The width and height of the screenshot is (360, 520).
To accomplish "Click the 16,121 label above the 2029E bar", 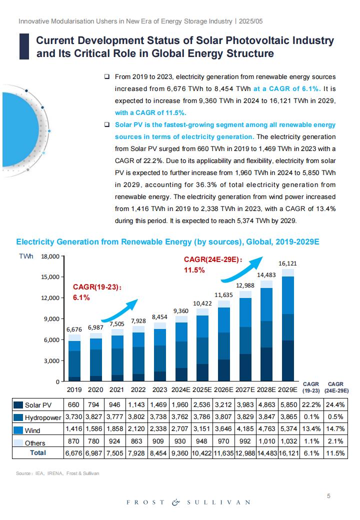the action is pyautogui.click(x=287, y=263).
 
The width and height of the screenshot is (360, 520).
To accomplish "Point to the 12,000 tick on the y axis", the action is pyautogui.click(x=50, y=298).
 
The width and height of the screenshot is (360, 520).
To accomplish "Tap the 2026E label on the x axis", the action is pyautogui.click(x=223, y=389).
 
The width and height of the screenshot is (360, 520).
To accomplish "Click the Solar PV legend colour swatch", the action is pyautogui.click(x=18, y=405).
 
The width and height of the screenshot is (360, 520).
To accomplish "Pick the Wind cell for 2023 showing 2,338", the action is pyautogui.click(x=158, y=429).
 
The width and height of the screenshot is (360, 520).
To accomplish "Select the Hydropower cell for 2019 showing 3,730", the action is pyautogui.click(x=73, y=417).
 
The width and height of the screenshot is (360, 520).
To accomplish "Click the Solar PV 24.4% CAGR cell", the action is pyautogui.click(x=335, y=404).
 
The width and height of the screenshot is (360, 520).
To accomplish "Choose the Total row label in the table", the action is pyautogui.click(x=38, y=452).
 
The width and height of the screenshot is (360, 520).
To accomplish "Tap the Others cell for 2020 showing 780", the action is pyautogui.click(x=93, y=441).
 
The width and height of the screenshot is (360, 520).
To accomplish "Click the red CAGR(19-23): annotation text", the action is pyautogui.click(x=97, y=287).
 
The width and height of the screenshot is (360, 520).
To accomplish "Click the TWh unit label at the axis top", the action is pyautogui.click(x=26, y=256).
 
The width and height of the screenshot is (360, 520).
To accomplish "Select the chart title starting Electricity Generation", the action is pyautogui.click(x=167, y=242).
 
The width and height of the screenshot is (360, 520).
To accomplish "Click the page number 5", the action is pyautogui.click(x=329, y=496).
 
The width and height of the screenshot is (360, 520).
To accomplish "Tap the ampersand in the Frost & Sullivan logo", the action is pyautogui.click(x=175, y=502).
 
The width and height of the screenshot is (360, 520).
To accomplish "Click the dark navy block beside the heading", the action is pyautogui.click(x=24, y=46).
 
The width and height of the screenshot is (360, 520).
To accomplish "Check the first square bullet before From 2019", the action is pyautogui.click(x=106, y=76).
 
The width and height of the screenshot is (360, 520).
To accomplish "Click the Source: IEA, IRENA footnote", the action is pyautogui.click(x=57, y=473).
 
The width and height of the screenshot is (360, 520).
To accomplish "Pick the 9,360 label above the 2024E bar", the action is pyautogui.click(x=181, y=310).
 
